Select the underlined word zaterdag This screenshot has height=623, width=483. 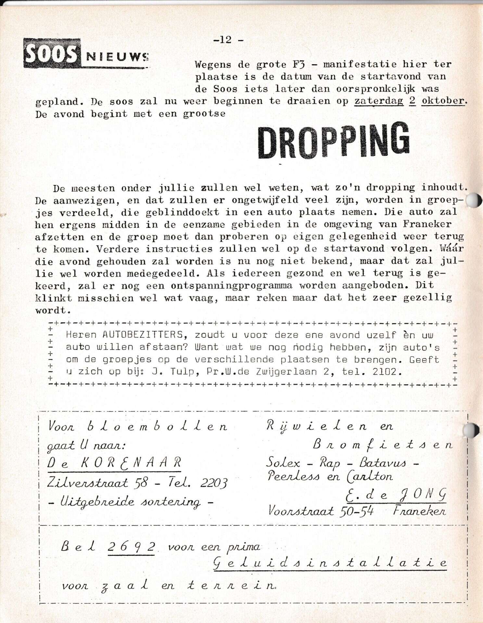coord(378,101)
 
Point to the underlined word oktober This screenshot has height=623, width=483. coord(443,101)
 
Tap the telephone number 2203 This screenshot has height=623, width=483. coord(213,483)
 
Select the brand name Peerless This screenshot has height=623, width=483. coord(293,476)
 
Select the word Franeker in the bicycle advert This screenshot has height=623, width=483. coord(419,511)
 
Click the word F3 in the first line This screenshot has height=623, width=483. coord(299,64)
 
